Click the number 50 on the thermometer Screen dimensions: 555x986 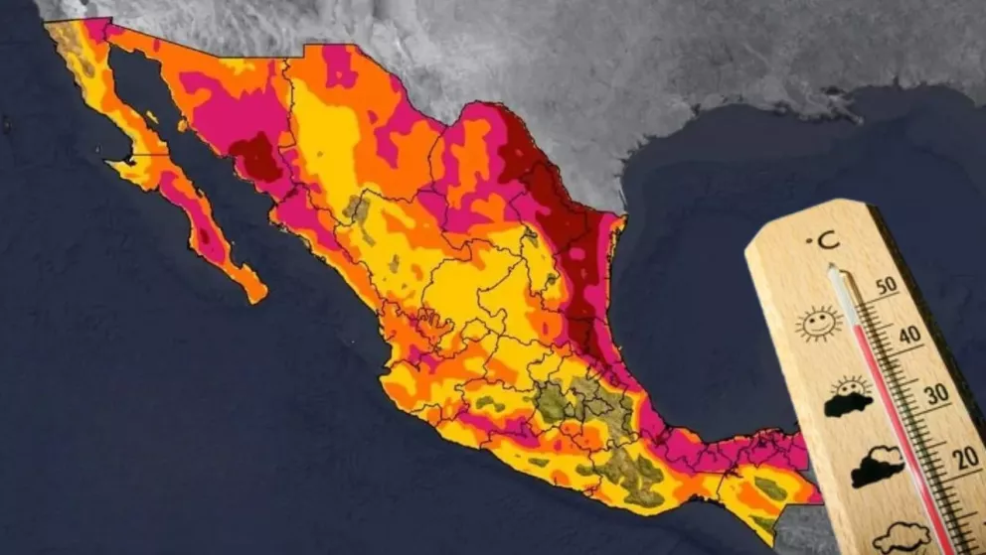click(885, 285)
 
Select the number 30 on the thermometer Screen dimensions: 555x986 click(935, 394)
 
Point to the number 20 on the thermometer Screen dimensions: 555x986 click(959, 458)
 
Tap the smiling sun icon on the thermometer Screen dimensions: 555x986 click(818, 323)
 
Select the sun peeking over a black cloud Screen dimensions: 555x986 click(848, 397)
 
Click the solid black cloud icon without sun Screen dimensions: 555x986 click(876, 465)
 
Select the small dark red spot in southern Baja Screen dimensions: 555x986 click(205, 236)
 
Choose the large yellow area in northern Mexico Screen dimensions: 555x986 click(328, 139)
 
